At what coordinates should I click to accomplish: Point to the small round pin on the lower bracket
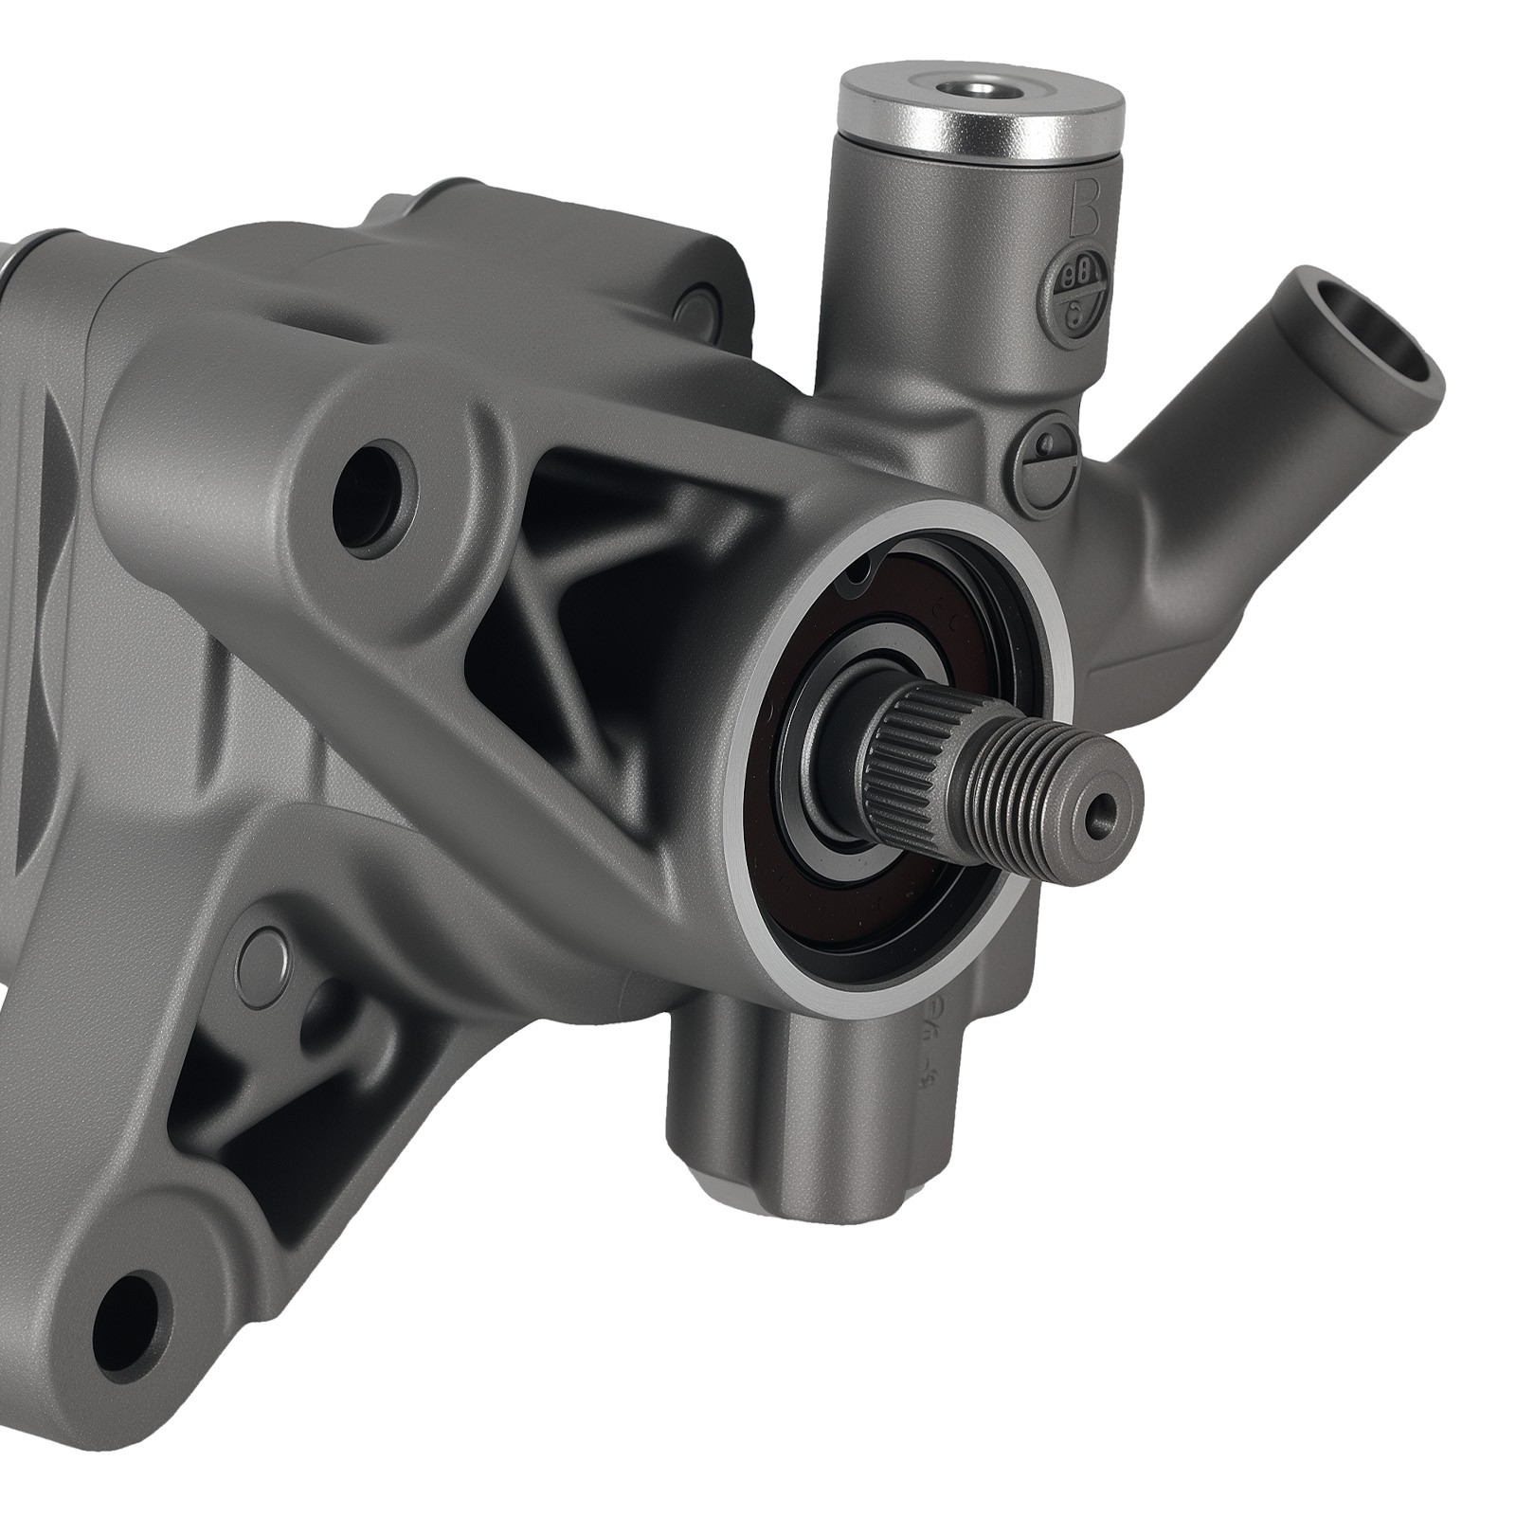point(267,959)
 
